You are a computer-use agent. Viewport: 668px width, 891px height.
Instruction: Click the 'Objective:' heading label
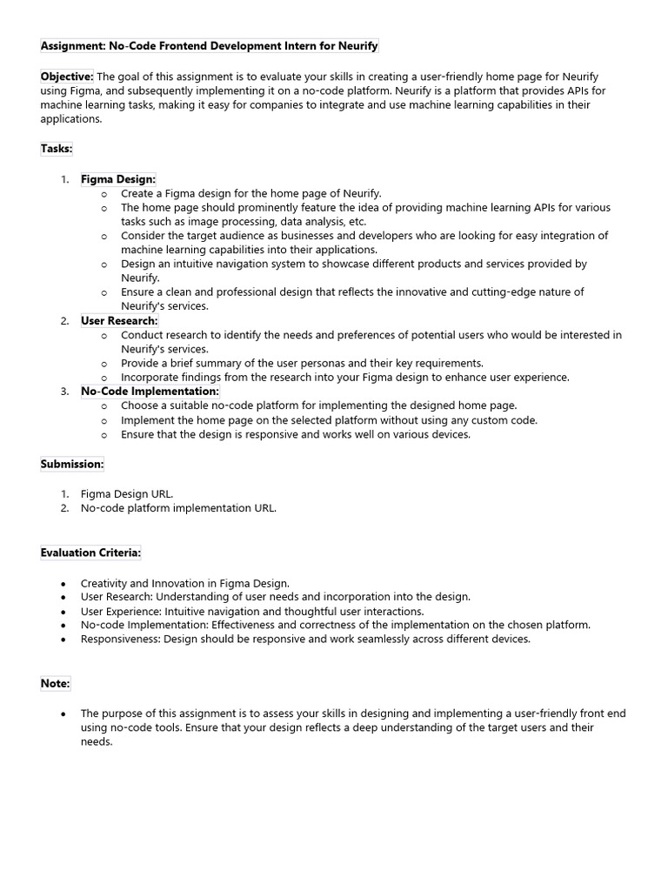(67, 77)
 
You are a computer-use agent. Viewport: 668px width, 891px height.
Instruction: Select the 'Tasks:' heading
(57, 149)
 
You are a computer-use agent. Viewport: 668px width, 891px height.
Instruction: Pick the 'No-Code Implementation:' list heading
(150, 392)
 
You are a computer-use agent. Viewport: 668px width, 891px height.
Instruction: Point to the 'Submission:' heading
(72, 464)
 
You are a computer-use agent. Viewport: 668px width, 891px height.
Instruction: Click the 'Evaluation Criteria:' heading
(90, 553)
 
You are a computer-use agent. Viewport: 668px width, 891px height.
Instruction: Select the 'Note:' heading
(55, 684)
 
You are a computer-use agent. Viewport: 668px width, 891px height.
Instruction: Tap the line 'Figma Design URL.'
(127, 493)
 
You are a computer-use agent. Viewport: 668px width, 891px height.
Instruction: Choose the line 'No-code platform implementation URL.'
(178, 508)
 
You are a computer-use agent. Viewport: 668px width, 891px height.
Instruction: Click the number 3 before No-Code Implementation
(64, 392)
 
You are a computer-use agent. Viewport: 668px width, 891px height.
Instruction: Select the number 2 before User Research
(64, 321)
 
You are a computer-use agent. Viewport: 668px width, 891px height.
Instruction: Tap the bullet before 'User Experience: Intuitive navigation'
(63, 611)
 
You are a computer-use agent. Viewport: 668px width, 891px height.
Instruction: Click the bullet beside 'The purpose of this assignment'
(63, 713)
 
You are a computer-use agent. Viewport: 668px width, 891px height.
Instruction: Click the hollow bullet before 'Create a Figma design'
(104, 194)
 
